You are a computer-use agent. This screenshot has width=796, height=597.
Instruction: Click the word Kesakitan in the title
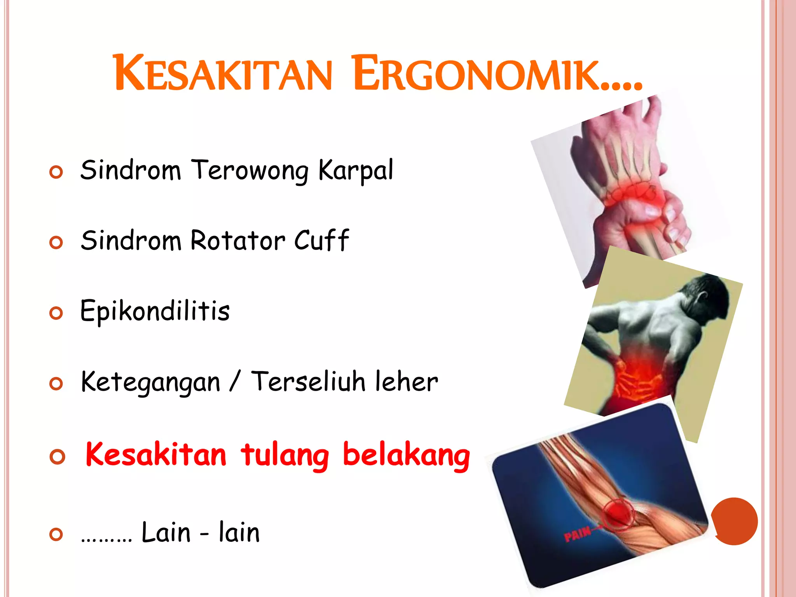pyautogui.click(x=223, y=74)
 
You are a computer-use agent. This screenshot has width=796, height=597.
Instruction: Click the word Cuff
pyautogui.click(x=322, y=241)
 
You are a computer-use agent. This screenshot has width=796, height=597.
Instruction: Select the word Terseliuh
pyautogui.click(x=308, y=382)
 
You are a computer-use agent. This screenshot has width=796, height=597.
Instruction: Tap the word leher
pyautogui.click(x=407, y=382)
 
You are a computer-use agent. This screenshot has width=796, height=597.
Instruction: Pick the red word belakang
pyautogui.click(x=406, y=456)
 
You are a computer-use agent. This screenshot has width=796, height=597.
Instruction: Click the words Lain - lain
pyautogui.click(x=200, y=532)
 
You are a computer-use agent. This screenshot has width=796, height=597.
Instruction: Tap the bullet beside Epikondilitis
pyautogui.click(x=56, y=313)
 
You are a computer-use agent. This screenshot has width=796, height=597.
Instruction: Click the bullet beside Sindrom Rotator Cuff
pyautogui.click(x=56, y=243)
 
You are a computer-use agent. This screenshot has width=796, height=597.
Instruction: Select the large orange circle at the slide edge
pyautogui.click(x=735, y=521)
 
